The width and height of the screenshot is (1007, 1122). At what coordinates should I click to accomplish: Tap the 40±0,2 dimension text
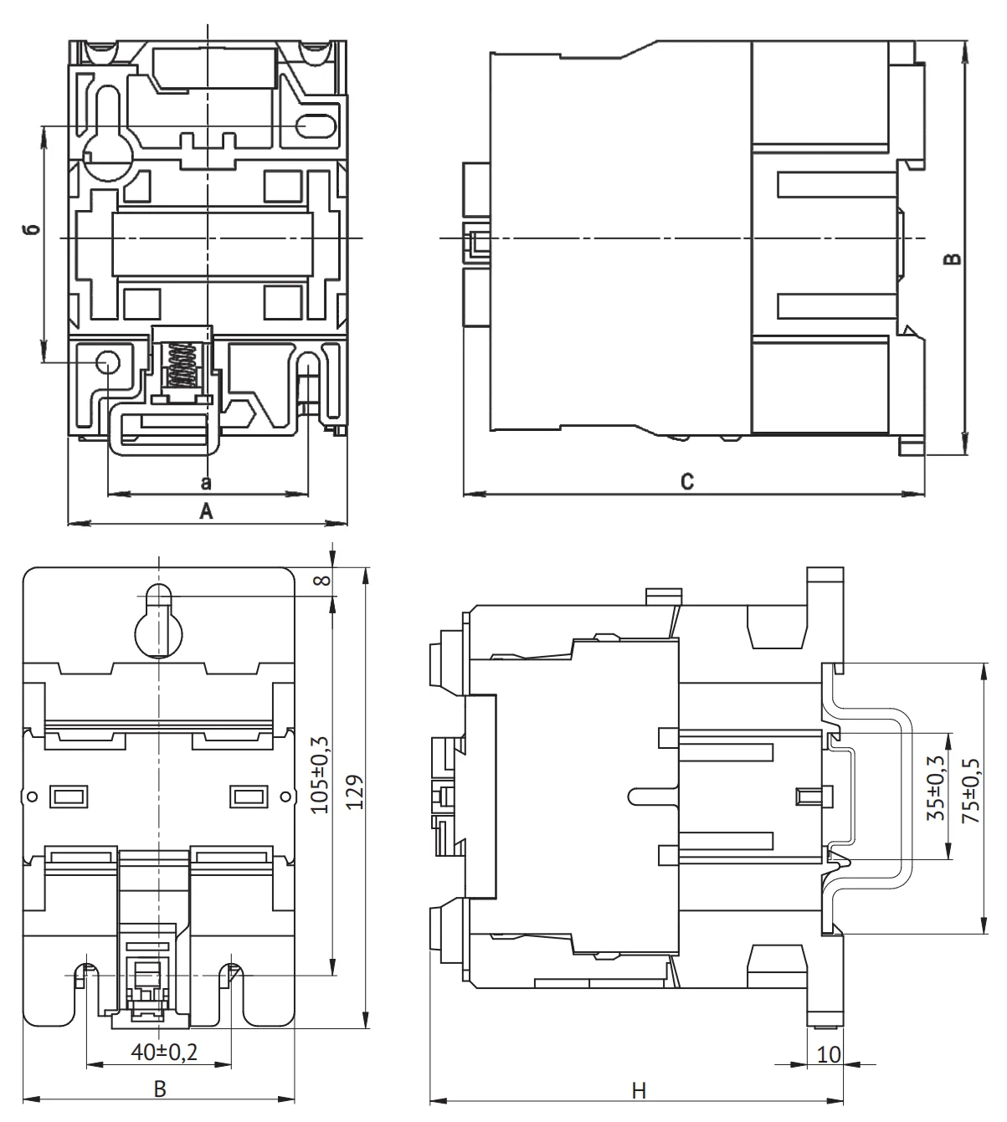pyautogui.click(x=164, y=1052)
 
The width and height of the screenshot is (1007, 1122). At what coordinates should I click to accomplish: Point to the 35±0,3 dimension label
pyautogui.click(x=937, y=786)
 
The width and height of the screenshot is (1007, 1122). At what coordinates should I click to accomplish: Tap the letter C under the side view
pyautogui.click(x=686, y=483)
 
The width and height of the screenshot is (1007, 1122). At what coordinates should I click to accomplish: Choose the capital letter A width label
pyautogui.click(x=206, y=512)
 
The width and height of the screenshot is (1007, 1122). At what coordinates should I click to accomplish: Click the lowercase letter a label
pyautogui.click(x=206, y=483)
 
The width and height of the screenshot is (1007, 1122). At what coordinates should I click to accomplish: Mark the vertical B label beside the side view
pyautogui.click(x=952, y=259)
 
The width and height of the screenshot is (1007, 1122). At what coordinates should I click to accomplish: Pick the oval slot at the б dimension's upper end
pyautogui.click(x=316, y=126)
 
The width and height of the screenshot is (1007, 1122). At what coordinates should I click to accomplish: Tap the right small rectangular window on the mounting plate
pyautogui.click(x=248, y=796)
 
